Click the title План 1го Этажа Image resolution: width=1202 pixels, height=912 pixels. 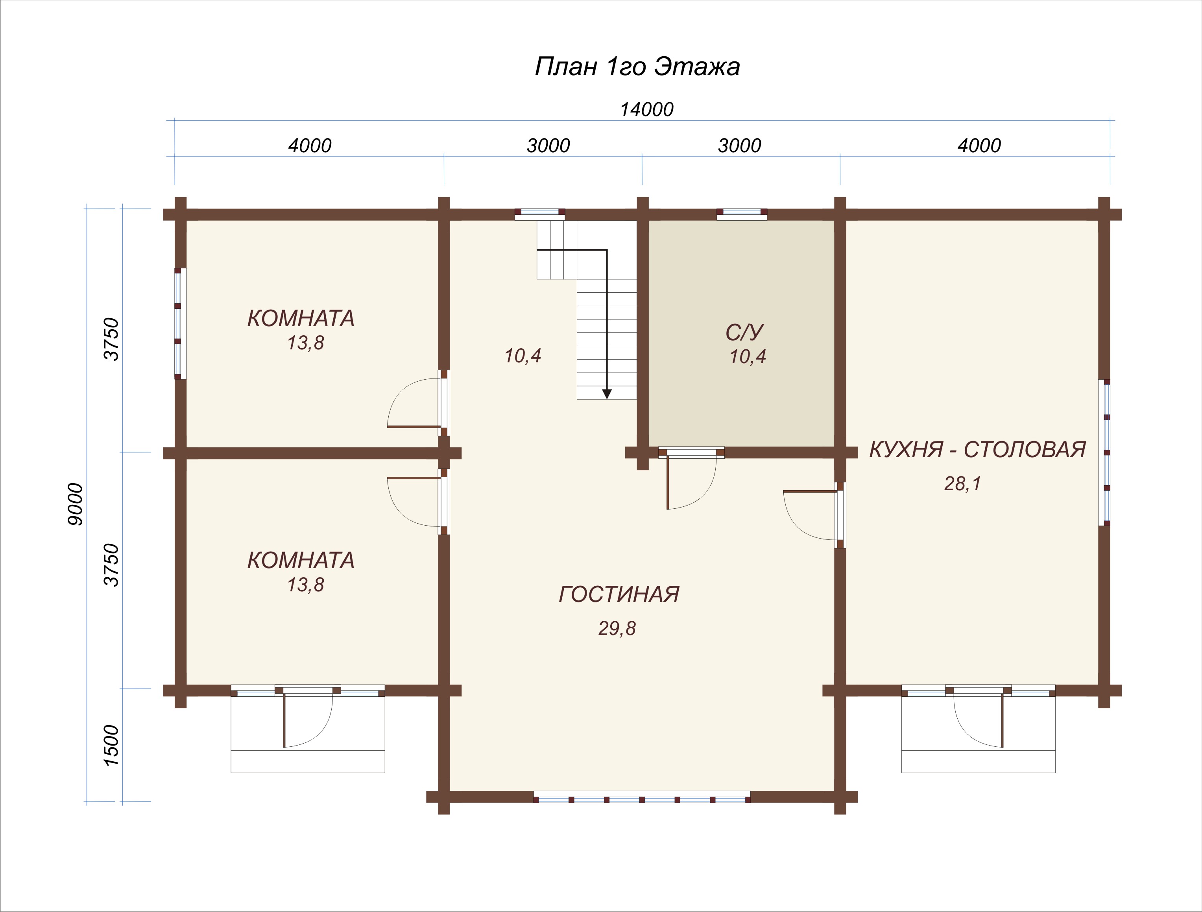pos(637,67)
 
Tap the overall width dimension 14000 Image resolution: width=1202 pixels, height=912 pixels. pos(647,110)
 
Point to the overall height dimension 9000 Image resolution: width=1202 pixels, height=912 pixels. pos(76,504)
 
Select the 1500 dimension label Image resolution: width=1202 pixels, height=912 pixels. pos(111,745)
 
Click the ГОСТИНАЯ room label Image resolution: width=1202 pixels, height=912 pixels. pos(619,594)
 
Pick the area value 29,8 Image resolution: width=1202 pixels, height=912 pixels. pos(617,628)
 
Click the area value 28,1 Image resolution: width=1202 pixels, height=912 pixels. pos(962,483)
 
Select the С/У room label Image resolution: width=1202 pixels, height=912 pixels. pos(744,332)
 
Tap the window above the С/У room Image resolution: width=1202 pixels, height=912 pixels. pos(742,214)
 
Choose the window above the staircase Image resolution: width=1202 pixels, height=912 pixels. pos(540,214)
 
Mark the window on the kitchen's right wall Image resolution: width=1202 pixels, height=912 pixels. pos(1104,452)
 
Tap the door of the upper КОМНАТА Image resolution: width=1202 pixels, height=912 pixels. pos(417,404)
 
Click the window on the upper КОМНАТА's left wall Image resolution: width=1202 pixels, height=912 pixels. pos(181,323)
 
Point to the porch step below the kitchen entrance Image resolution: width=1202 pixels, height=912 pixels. pos(978,761)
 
